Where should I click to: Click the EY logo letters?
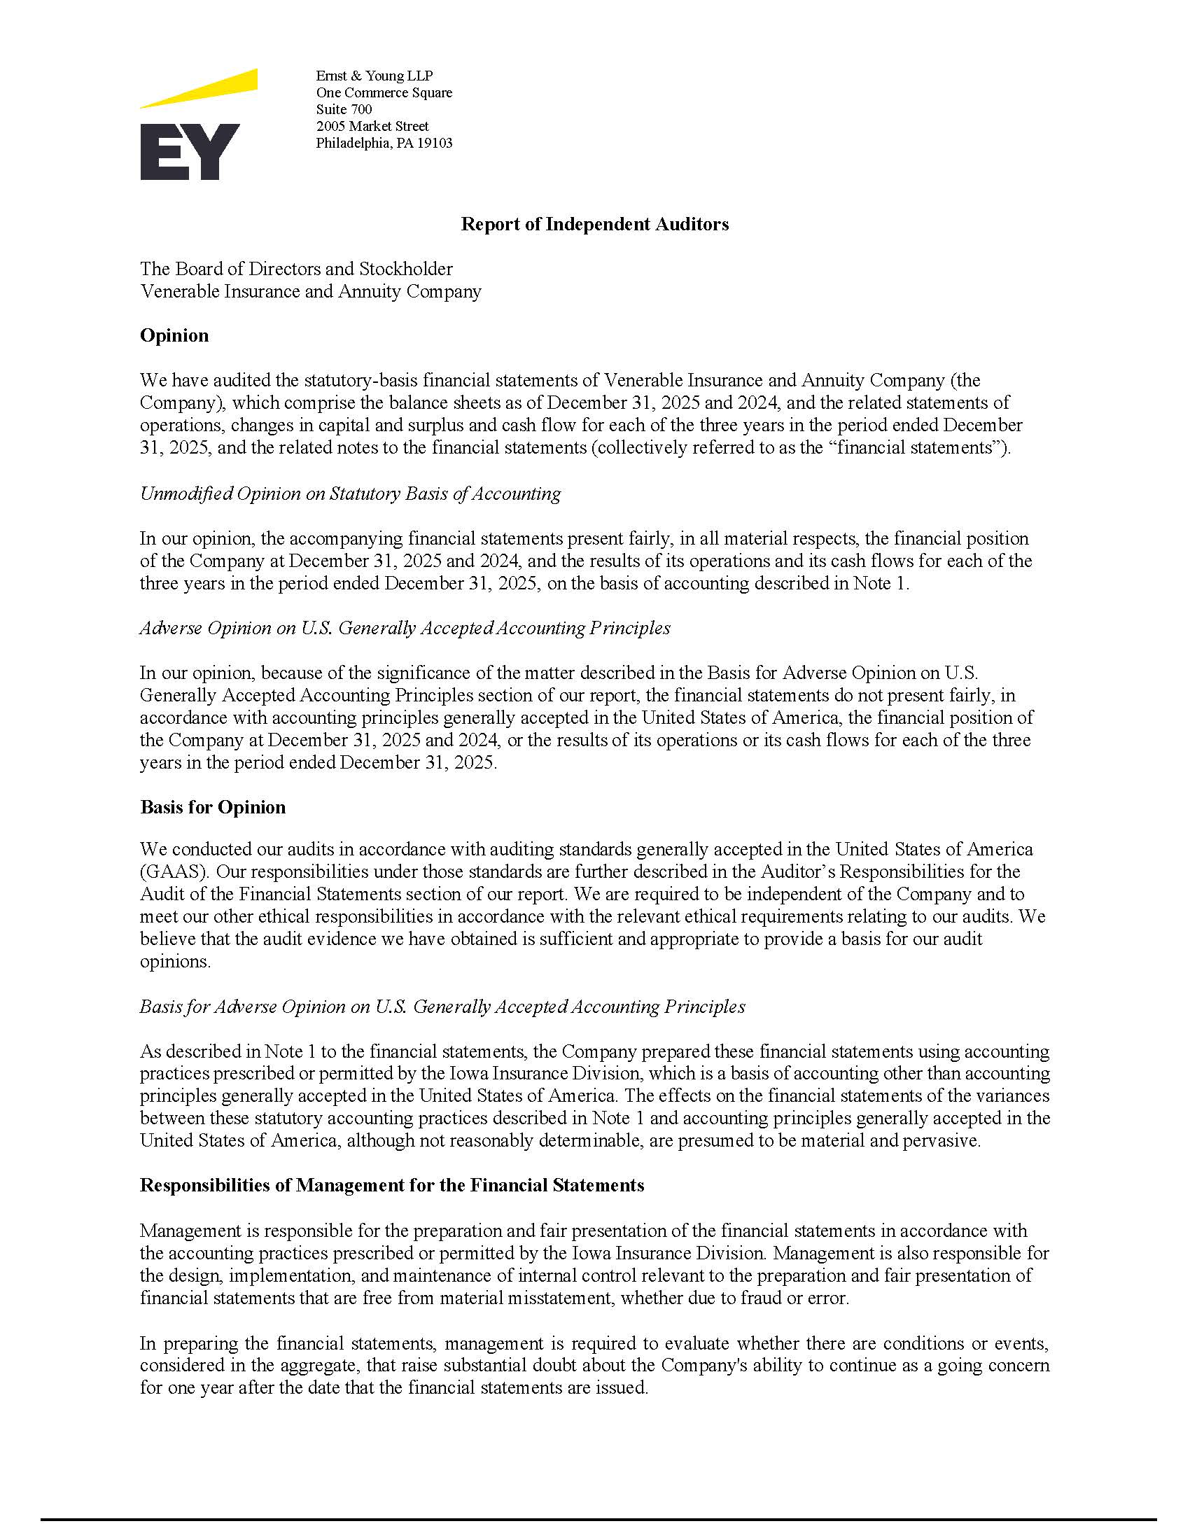click(190, 152)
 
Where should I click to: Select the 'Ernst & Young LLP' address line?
click(374, 76)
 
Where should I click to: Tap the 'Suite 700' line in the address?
click(343, 109)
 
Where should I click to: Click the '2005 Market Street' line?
click(372, 126)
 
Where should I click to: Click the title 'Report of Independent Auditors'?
click(594, 224)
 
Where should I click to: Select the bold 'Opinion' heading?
click(174, 335)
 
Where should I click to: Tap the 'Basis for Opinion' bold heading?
click(212, 806)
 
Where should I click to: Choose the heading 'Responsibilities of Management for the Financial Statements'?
click(391, 1185)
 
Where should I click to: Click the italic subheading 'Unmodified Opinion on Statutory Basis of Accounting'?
click(350, 493)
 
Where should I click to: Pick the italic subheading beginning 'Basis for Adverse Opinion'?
click(442, 1006)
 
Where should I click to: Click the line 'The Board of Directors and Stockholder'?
click(296, 269)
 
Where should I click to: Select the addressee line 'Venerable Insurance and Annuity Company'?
click(310, 291)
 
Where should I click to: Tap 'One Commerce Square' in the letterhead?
click(384, 92)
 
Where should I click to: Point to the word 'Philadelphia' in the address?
click(351, 143)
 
